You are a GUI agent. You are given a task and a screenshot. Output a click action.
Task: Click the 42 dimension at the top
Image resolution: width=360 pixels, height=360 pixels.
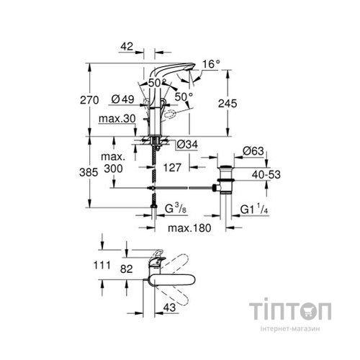pos(129,46)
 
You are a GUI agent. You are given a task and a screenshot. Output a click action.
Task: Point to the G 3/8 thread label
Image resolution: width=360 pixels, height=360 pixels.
pos(177,210)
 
